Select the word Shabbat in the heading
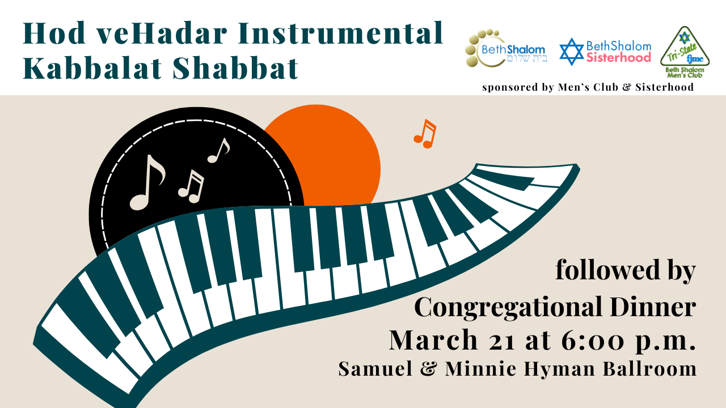235,68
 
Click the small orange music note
425,134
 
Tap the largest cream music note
147,182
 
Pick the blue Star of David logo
571,52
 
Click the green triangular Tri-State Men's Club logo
685,52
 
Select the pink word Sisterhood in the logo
619,58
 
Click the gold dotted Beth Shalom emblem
483,49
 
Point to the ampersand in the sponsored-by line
627,87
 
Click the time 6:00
593,340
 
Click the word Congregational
508,308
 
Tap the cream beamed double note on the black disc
191,187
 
